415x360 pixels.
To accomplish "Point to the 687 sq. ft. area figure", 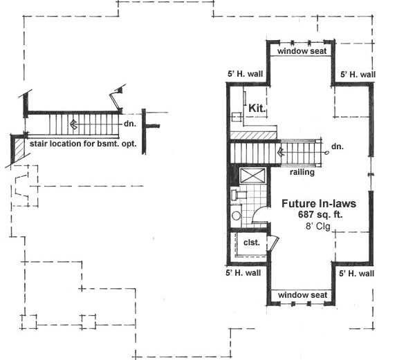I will pyautogui.click(x=316, y=216).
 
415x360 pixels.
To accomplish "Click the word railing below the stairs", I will pyautogui.click(x=302, y=173).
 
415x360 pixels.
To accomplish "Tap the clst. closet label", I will pyautogui.click(x=250, y=243).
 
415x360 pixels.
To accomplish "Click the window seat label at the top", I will pyautogui.click(x=302, y=51).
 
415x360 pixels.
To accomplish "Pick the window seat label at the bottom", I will pyautogui.click(x=302, y=295).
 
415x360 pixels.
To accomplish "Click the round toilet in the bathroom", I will pyautogui.click(x=236, y=216).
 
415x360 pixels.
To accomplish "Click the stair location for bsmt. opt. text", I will pyautogui.click(x=82, y=144).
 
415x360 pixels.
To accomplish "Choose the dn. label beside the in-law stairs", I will pyautogui.click(x=337, y=146).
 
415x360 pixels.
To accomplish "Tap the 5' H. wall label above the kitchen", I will pyautogui.click(x=244, y=74).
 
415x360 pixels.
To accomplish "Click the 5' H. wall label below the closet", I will pyautogui.click(x=244, y=274).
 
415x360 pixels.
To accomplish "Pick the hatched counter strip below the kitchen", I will pyautogui.click(x=252, y=133).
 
